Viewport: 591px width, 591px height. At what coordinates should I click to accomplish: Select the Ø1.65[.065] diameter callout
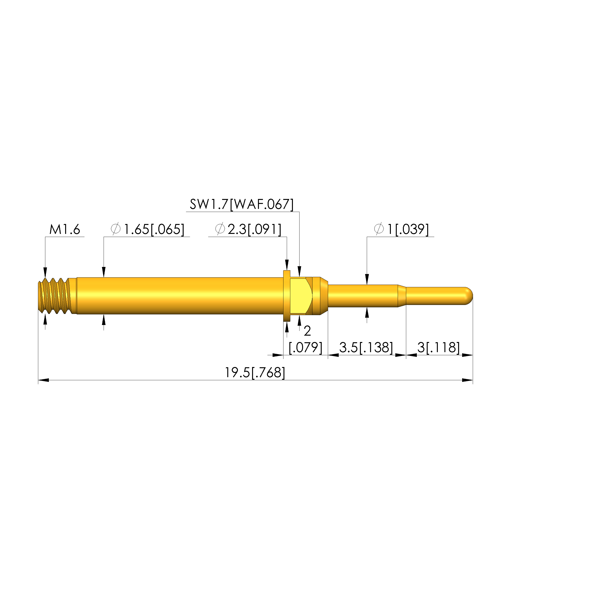pos(148,229)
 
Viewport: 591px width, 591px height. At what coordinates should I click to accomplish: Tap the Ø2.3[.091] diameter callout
pos(248,229)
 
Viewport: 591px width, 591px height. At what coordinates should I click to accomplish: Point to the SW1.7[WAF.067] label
pos(242,204)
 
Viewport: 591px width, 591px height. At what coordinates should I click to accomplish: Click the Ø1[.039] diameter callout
pos(401,229)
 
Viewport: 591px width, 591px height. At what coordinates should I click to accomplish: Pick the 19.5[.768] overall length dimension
pos(255,373)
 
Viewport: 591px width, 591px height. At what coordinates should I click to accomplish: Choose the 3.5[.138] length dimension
pos(366,347)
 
